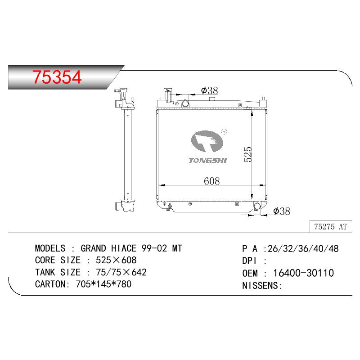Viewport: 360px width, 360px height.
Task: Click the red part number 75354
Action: click(57, 77)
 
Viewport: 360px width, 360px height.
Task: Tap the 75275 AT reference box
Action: click(331, 226)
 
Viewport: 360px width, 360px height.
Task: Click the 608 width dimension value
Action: click(211, 181)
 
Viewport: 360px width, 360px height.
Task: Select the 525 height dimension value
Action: click(248, 154)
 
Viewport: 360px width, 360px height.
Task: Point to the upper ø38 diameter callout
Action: click(209, 90)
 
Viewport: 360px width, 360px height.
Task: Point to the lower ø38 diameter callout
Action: click(282, 211)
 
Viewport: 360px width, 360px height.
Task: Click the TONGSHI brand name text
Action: click(208, 160)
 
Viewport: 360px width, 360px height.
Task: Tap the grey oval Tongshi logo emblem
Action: click(207, 141)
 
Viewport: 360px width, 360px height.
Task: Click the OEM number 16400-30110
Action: click(303, 273)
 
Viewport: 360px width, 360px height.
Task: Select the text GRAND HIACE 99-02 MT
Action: click(131, 248)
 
